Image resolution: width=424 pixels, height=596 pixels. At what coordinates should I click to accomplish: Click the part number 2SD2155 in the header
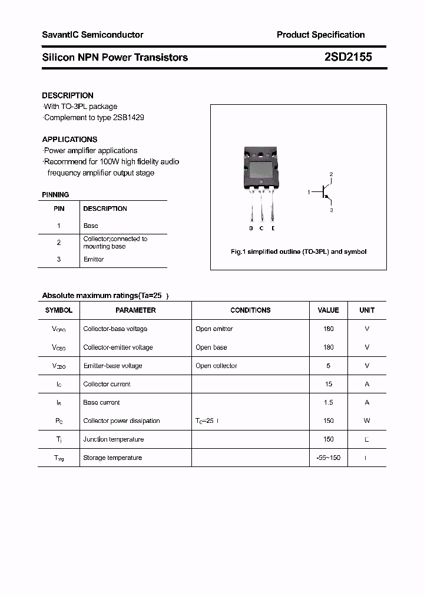coord(347,57)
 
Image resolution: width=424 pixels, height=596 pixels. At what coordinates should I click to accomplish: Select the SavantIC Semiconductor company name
coord(92,35)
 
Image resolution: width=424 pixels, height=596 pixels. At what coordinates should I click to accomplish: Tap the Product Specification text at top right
coord(320,35)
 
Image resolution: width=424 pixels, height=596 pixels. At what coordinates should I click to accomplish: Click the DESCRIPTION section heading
coord(68,95)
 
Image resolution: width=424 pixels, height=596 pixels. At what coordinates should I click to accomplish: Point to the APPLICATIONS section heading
coord(69,140)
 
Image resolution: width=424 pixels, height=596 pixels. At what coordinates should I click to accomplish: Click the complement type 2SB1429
coord(127,117)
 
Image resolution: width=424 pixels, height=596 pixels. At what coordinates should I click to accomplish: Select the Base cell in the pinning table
coord(91,226)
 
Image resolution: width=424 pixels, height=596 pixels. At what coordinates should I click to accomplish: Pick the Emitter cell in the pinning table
coord(94,259)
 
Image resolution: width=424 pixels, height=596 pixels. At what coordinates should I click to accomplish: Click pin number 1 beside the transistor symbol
coord(309,193)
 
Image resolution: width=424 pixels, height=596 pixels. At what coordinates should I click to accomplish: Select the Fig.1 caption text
coord(298,251)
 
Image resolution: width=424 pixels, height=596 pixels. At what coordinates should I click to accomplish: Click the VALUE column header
coord(328,310)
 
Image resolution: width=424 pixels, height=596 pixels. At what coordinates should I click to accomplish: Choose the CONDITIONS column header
coord(250,310)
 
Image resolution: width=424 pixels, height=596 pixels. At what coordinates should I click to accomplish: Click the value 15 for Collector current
coord(328,384)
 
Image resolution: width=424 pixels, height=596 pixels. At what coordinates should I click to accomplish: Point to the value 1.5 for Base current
coord(328,402)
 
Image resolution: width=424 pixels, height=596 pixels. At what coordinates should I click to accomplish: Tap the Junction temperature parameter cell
coord(114,439)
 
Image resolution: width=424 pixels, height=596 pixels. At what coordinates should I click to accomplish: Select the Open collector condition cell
coord(216,366)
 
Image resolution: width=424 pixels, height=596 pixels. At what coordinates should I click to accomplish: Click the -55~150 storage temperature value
coord(328,458)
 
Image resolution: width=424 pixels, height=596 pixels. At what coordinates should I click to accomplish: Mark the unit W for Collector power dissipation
coord(367,420)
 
